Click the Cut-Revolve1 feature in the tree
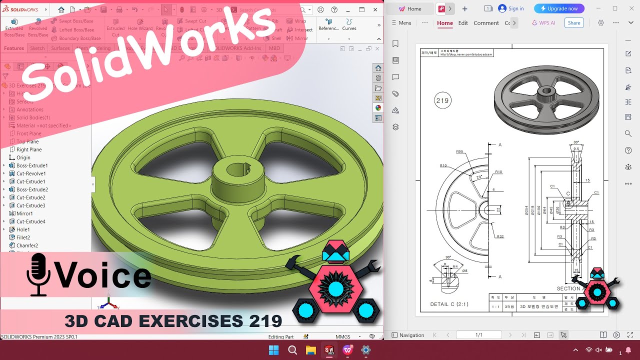(x=30, y=173)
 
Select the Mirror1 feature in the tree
(x=24, y=213)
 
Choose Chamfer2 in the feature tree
(x=27, y=245)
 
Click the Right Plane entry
(x=29, y=149)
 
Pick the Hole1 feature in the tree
(x=23, y=229)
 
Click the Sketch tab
(x=37, y=48)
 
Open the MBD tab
(x=274, y=48)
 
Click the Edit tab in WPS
(x=463, y=23)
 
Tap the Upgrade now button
(x=559, y=8)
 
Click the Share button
(x=574, y=23)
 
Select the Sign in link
(x=511, y=8)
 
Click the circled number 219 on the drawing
(x=442, y=100)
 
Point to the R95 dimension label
(x=459, y=151)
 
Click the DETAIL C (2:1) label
(x=449, y=304)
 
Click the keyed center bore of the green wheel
(x=239, y=170)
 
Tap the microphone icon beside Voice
(x=38, y=274)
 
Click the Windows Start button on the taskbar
(x=273, y=350)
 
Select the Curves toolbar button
(x=349, y=24)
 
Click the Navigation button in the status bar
(x=408, y=335)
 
